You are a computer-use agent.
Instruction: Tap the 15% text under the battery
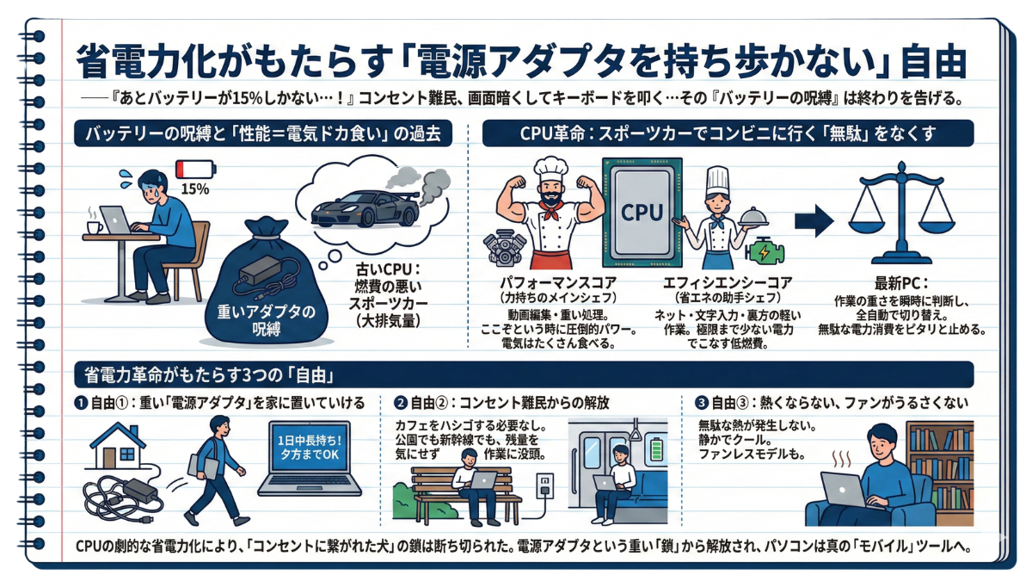(195, 187)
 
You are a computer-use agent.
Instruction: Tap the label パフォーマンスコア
(560, 283)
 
